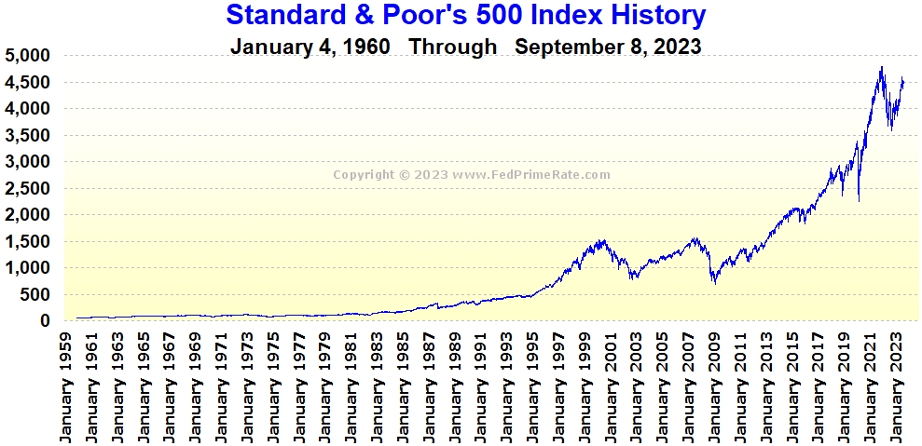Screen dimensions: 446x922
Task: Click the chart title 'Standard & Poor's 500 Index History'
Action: [x=466, y=15]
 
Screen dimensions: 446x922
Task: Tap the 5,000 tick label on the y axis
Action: [x=29, y=56]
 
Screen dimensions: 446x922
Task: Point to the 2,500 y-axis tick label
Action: [x=29, y=189]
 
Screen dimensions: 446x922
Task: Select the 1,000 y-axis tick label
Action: [x=29, y=268]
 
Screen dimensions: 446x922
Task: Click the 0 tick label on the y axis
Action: [x=44, y=321]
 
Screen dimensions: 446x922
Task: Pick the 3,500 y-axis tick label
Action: [x=29, y=136]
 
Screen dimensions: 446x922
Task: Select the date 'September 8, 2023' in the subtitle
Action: [x=608, y=47]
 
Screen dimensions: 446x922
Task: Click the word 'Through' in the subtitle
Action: [x=453, y=47]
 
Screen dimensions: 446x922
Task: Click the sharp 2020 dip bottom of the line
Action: [x=859, y=200]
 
